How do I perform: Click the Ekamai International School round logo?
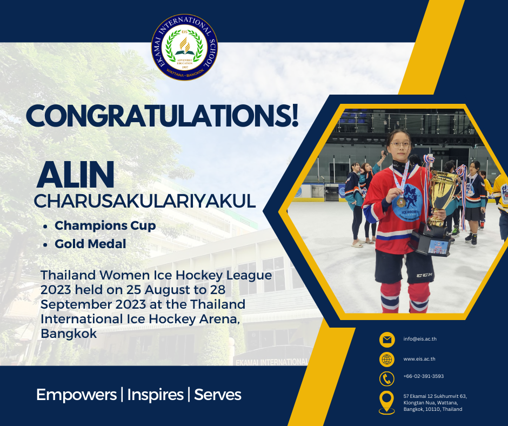point(184,47)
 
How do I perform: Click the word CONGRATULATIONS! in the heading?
point(162,116)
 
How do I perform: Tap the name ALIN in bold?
point(75,175)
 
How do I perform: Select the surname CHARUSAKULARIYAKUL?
point(145,201)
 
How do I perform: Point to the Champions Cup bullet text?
point(105,225)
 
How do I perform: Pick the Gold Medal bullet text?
point(90,244)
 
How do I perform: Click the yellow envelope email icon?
point(387,340)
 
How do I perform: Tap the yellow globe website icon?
point(387,359)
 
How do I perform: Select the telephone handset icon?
point(387,378)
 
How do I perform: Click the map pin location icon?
point(387,402)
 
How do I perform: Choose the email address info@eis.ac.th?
point(420,339)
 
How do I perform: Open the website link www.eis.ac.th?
point(419,359)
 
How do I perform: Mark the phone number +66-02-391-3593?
point(424,376)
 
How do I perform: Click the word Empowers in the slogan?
point(76,395)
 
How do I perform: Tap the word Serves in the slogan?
point(218,395)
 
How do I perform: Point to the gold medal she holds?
point(402,202)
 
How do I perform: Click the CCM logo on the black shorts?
point(424,275)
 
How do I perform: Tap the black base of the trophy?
point(432,239)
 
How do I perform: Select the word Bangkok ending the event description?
point(69,334)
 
